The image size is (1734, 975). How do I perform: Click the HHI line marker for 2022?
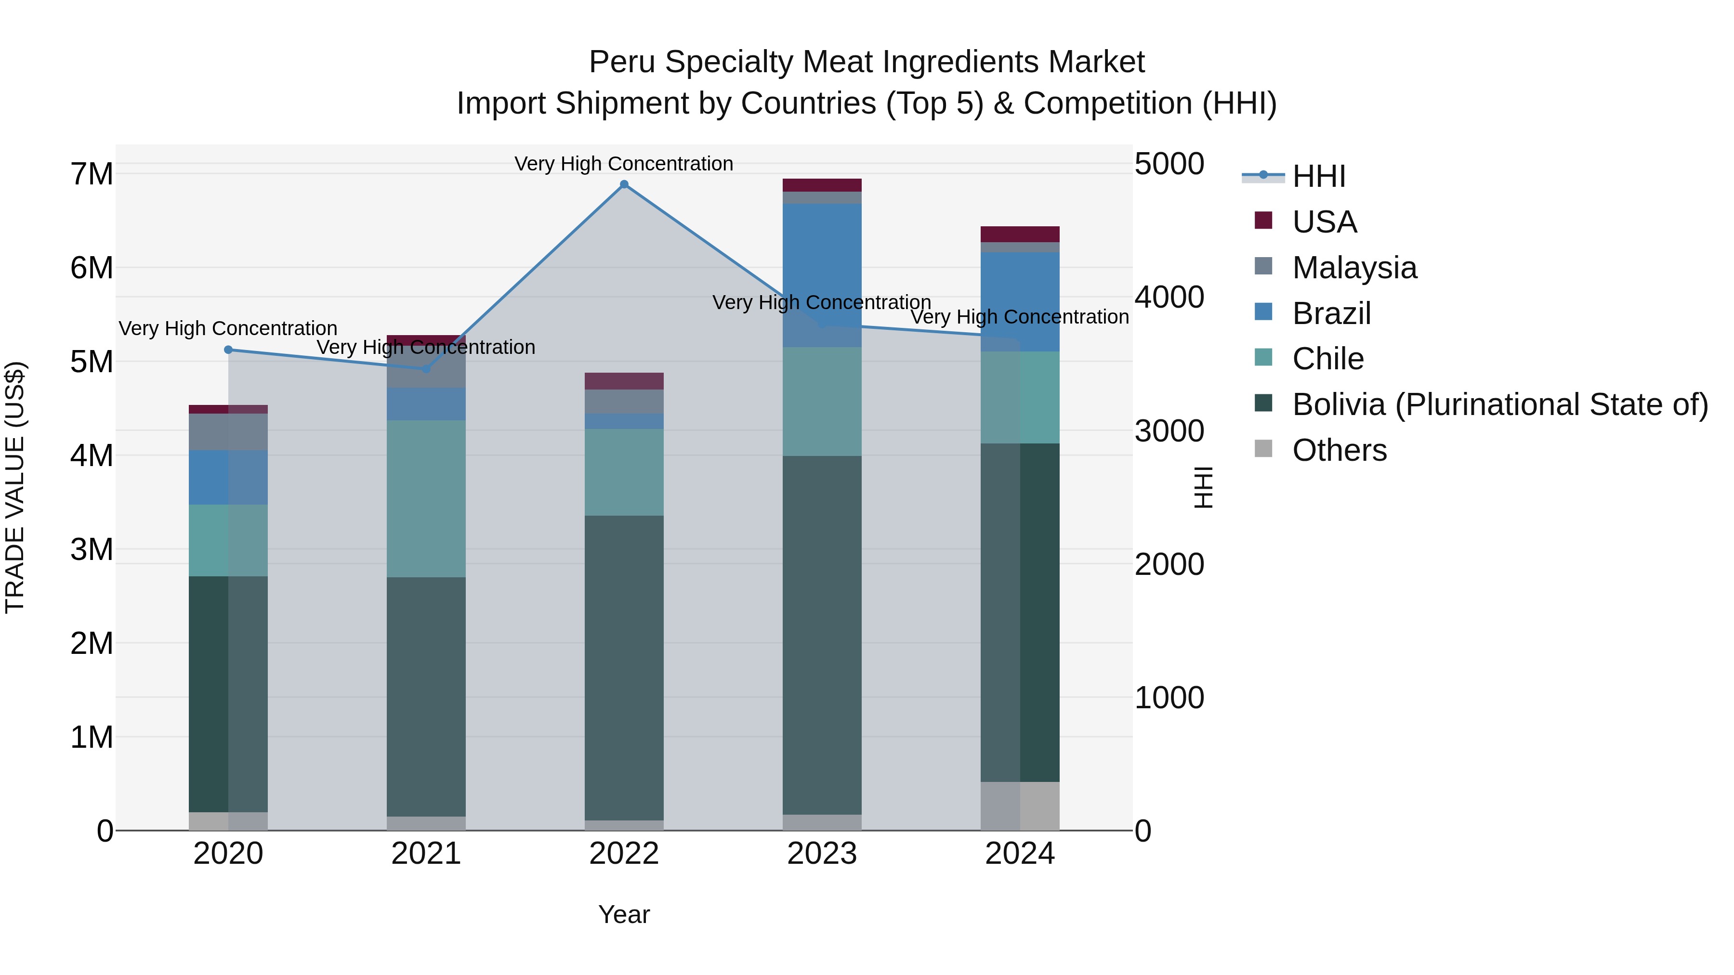(x=624, y=184)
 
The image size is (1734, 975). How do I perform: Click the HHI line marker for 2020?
(x=228, y=350)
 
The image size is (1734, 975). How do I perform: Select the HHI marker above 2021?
(x=426, y=369)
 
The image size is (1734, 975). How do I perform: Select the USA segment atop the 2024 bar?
(x=1020, y=234)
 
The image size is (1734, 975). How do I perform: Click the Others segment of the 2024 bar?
(x=1020, y=806)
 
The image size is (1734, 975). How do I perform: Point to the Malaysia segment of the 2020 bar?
(x=228, y=432)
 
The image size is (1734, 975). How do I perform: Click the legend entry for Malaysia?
(x=1354, y=268)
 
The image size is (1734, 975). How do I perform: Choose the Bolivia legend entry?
(x=1500, y=405)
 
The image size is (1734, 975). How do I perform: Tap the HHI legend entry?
(x=1318, y=176)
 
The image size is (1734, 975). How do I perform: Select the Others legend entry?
(x=1339, y=450)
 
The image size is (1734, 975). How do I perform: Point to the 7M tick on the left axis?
(x=92, y=174)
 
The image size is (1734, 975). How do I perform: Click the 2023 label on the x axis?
(x=822, y=854)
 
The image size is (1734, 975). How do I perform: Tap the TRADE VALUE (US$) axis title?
(x=15, y=487)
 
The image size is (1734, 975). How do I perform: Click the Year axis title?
(x=624, y=914)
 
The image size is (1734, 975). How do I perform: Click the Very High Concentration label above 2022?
(x=624, y=164)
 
